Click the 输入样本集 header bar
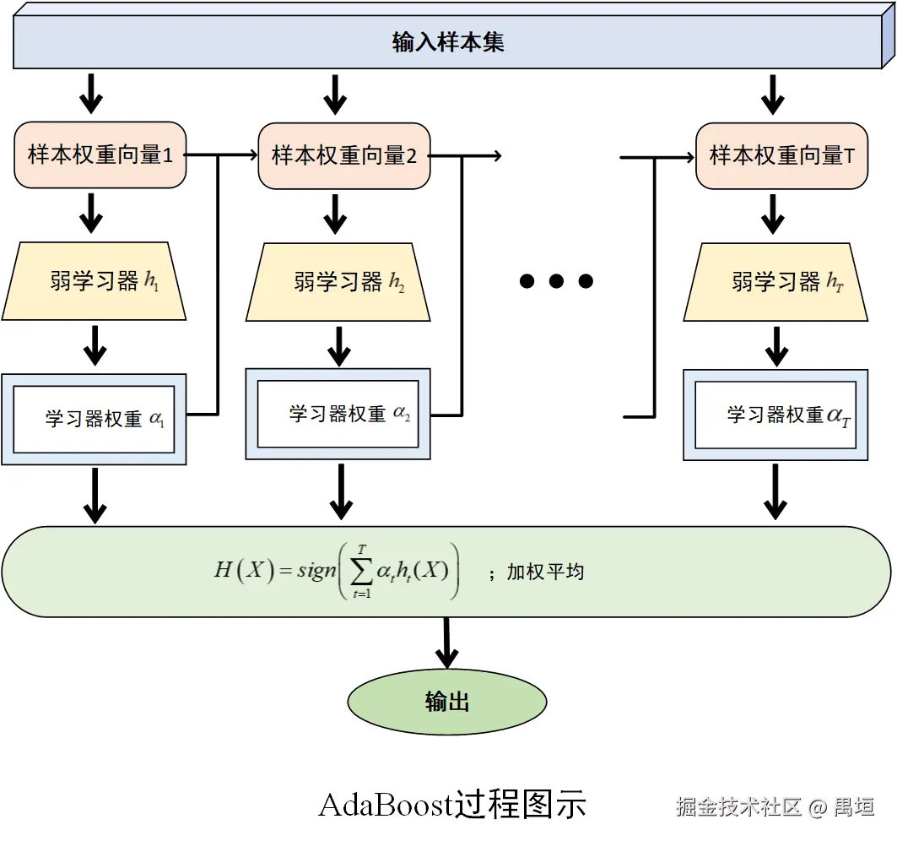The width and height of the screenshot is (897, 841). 448,42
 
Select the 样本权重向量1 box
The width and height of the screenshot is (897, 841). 100,155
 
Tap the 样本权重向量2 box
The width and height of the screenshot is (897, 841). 343,156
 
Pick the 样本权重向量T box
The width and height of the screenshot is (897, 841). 781,156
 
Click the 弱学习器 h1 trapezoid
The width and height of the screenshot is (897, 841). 95,282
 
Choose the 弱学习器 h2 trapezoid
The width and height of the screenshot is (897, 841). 338,282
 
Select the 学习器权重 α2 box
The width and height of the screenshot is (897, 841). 338,414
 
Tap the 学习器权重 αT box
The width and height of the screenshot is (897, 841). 775,415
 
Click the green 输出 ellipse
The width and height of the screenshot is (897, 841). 447,702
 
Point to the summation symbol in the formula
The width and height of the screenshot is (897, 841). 361,572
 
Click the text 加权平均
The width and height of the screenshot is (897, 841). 545,572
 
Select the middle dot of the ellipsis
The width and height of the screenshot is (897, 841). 556,281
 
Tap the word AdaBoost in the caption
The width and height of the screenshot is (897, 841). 385,805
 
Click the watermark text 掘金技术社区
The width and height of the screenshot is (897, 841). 738,806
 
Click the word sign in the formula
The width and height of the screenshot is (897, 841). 316,571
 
